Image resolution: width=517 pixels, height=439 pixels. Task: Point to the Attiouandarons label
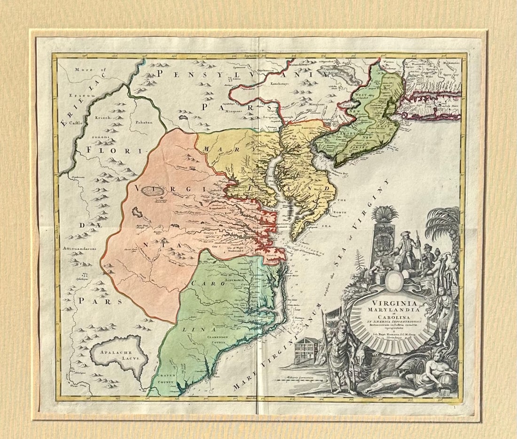82,249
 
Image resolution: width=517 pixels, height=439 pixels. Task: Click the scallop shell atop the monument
384,213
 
